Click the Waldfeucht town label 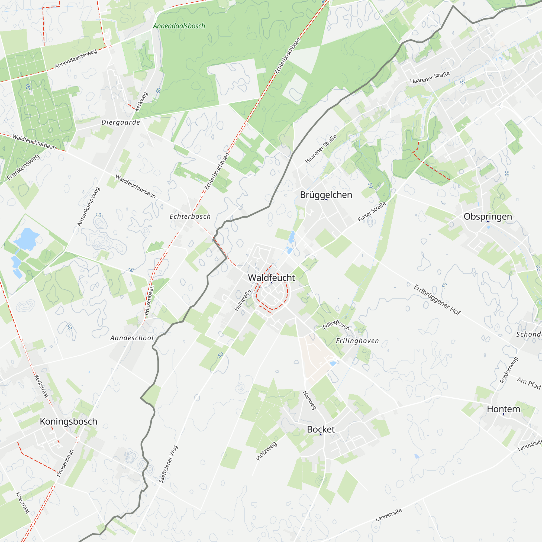click(271, 278)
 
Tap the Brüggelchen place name click(326, 195)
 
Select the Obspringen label click(488, 216)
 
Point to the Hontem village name click(504, 409)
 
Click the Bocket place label click(321, 429)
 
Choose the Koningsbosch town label click(69, 421)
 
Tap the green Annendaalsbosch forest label click(179, 26)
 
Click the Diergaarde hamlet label click(121, 122)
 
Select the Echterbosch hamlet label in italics click(190, 216)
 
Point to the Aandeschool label click(132, 338)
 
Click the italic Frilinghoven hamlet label click(357, 341)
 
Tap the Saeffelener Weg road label click(168, 464)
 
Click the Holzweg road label click(266, 451)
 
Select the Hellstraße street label click(243, 300)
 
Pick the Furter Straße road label click(372, 212)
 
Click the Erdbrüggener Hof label click(437, 300)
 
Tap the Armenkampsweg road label click(88, 207)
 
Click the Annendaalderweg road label click(76, 59)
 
